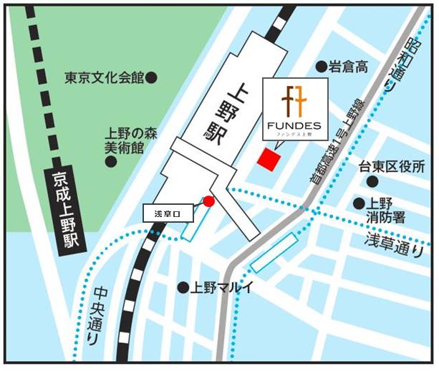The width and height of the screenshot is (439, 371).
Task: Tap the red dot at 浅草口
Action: (x=208, y=201)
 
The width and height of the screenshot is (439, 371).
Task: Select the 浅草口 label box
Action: (x=170, y=213)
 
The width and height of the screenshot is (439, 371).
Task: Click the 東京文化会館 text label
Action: (x=104, y=76)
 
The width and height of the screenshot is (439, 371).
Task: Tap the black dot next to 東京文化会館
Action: (x=151, y=76)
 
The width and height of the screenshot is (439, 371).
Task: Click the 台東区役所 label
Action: (x=392, y=167)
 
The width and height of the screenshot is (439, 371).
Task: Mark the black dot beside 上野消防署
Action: (x=357, y=203)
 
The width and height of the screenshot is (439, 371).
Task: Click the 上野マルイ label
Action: (x=218, y=287)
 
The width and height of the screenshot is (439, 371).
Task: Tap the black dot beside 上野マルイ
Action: (x=183, y=287)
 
